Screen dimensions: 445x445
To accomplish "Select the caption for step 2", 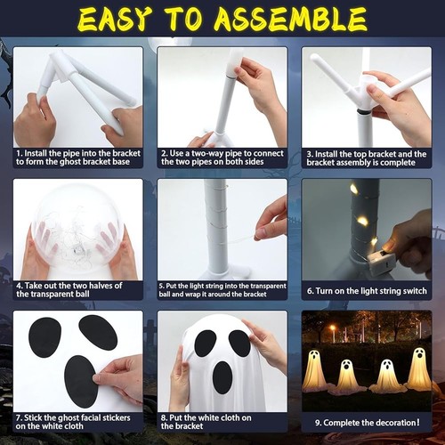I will point(222,158).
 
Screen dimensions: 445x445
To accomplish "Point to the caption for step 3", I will point(367,158).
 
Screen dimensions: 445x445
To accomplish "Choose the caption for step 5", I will point(222,289).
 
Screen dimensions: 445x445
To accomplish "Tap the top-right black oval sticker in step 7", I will point(98,332).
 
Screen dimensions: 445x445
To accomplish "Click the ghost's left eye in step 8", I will point(205,343).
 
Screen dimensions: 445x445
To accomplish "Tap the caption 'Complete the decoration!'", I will point(367,421).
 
